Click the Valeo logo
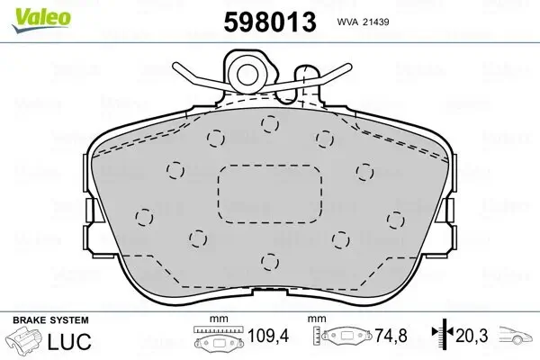point(41,20)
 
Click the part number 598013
point(270,22)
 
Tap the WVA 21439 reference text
point(363,22)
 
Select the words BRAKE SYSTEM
point(50,320)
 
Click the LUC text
point(69,341)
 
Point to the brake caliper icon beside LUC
point(24,339)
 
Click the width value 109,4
point(268,335)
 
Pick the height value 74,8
point(391,335)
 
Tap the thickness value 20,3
point(472,335)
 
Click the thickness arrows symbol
point(443,333)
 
